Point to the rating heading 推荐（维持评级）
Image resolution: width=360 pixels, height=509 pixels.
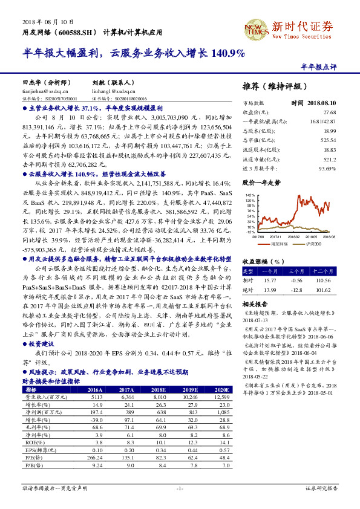pyautogui.click(x=274, y=86)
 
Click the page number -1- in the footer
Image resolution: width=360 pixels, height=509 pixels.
pyautogui.click(x=180, y=487)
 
